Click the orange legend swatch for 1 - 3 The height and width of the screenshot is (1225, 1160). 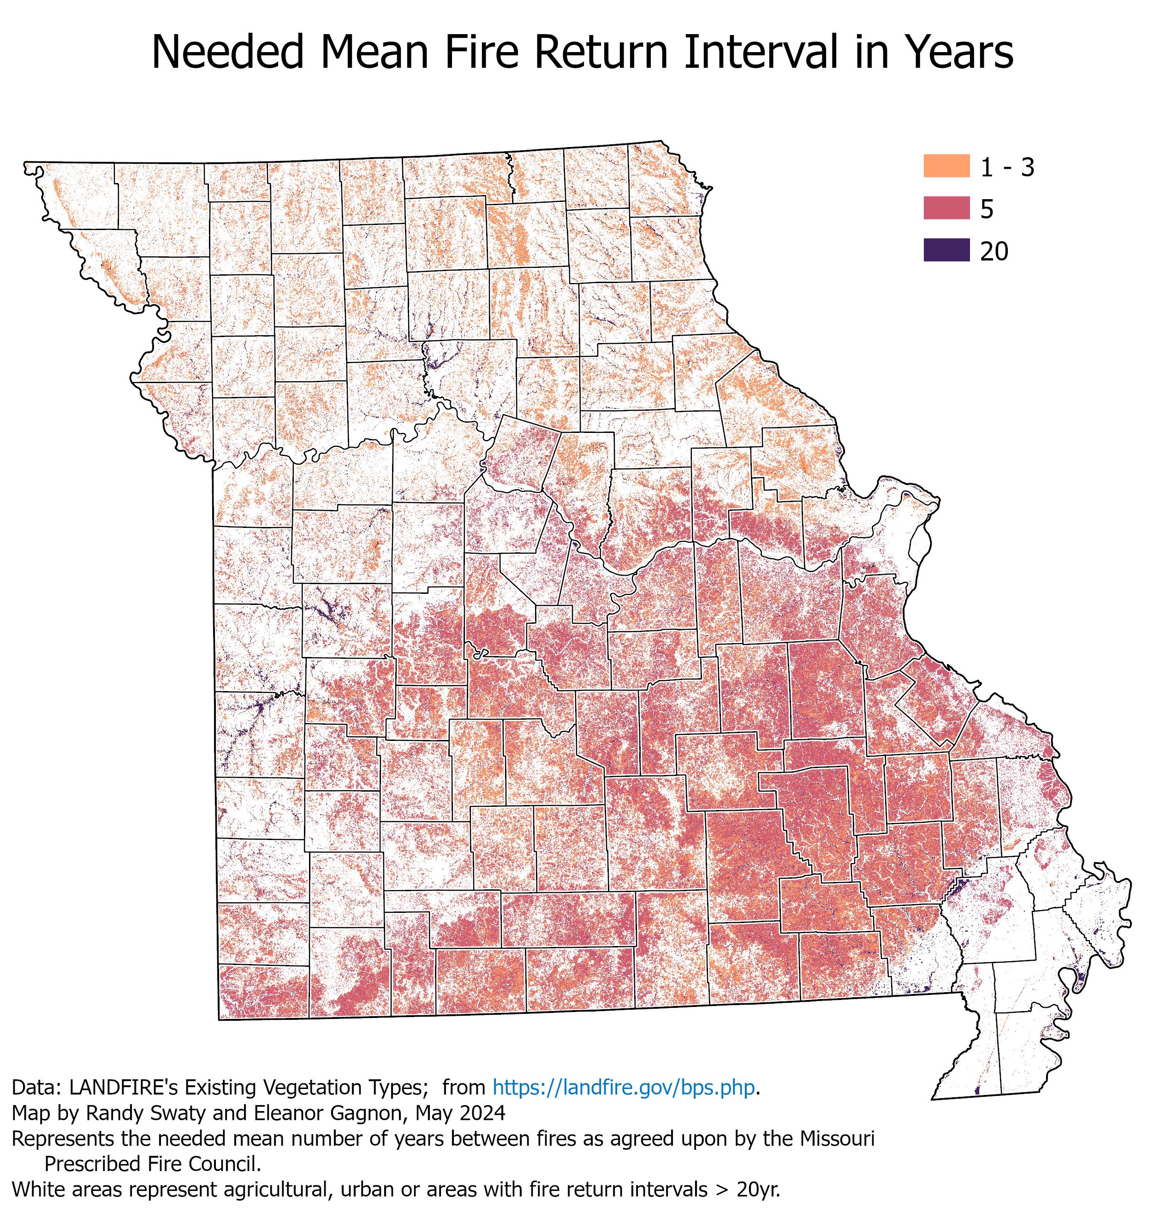coord(946,166)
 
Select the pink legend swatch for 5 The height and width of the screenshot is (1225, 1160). coord(946,208)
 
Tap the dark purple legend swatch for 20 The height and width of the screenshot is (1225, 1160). coord(946,250)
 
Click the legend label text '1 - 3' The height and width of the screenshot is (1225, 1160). coord(1007,167)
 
